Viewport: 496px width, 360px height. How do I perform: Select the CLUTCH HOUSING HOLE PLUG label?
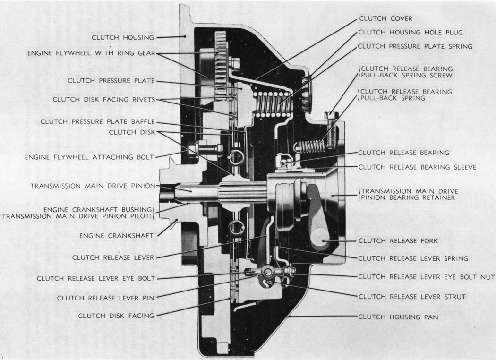tap(410, 32)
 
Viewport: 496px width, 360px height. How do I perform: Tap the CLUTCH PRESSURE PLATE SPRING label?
tap(415, 46)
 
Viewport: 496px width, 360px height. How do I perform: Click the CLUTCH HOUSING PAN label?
tap(398, 317)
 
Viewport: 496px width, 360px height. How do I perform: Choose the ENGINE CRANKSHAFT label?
tap(117, 234)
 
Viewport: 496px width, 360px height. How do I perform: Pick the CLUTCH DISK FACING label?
tap(116, 315)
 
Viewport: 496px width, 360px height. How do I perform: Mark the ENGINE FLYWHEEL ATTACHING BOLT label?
tap(90, 156)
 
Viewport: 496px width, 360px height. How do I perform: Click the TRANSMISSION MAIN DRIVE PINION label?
tap(93, 186)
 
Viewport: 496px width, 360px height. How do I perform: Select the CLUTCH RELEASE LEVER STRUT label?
tap(412, 297)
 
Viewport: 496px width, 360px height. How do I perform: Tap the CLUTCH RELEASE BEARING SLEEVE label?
tap(417, 167)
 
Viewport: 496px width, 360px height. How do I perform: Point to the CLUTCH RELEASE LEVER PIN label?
tap(106, 298)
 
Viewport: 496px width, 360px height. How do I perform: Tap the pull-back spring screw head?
tap(330, 114)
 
